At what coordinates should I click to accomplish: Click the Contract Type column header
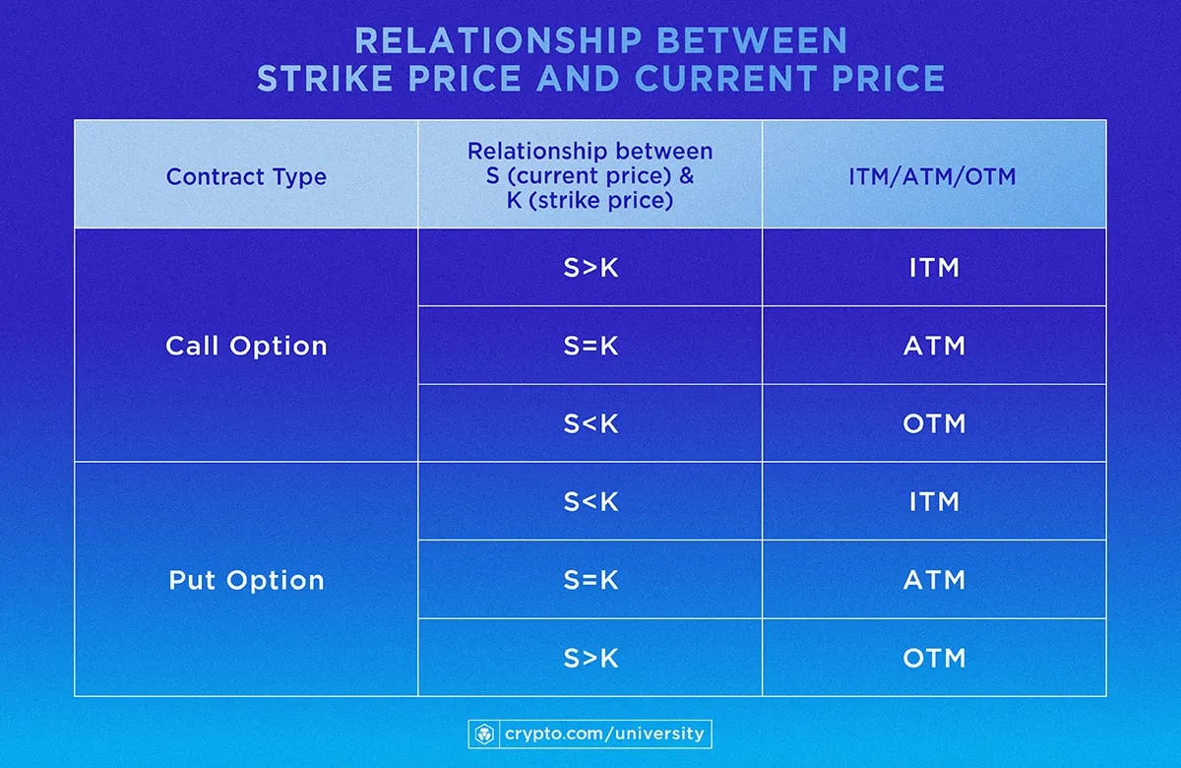coord(246,177)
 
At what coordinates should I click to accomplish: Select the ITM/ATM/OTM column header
coord(934,177)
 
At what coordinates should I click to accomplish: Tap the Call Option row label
coord(246,346)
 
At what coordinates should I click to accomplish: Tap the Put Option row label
coord(246,580)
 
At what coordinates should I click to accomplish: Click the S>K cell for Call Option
coord(590,267)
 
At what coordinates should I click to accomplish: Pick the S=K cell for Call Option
coord(590,346)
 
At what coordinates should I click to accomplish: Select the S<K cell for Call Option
coord(590,423)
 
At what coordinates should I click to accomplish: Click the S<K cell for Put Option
coord(590,501)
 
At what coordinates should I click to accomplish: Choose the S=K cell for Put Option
coord(590,580)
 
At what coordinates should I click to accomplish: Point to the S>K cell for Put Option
coord(590,658)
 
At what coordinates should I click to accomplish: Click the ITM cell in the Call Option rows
coord(934,267)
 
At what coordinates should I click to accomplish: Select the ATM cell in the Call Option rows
coord(934,346)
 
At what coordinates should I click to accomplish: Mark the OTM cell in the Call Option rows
coord(934,423)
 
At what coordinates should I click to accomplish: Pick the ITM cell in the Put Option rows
coord(934,501)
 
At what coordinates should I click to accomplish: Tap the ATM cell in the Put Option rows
coord(934,580)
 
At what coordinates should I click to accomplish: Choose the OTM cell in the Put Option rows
coord(934,658)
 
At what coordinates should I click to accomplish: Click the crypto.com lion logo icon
coord(485,734)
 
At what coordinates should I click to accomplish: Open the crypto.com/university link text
coord(604,734)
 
